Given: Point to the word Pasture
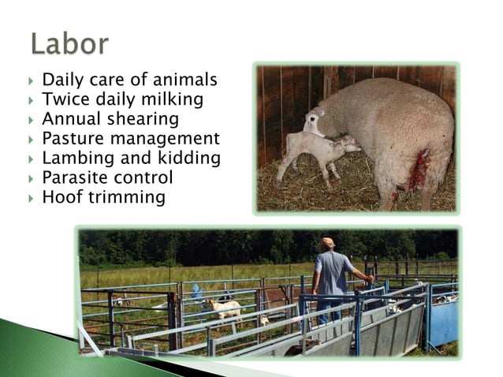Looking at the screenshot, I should click(70, 140).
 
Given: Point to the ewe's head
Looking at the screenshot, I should click(315, 121).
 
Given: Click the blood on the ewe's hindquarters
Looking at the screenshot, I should click(418, 170).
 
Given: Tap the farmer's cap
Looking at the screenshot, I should click(327, 241).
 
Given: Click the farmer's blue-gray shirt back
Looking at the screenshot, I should click(330, 272).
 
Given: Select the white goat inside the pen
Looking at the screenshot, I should click(225, 308).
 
